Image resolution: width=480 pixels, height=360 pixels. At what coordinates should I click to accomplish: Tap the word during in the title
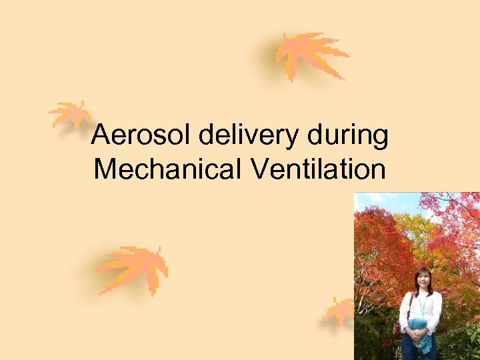(348, 137)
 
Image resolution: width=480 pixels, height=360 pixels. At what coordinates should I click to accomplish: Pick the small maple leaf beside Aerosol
(70, 115)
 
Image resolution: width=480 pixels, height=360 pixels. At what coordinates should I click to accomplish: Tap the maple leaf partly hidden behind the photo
(341, 311)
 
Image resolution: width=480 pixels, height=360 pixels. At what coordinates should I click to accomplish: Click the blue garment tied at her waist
(419, 333)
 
